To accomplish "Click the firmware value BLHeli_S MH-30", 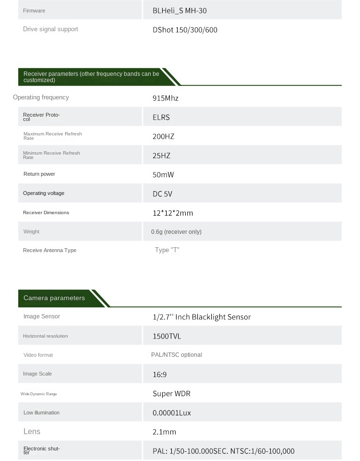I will tap(180, 11).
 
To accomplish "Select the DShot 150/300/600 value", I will tap(185, 30).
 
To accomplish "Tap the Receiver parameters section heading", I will tap(91, 77).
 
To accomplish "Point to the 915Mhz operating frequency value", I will tap(165, 98).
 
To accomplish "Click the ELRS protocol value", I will tap(161, 117).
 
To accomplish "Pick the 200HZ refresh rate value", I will tap(163, 136).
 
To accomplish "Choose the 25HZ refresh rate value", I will tap(161, 156).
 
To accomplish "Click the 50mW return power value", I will tap(163, 175).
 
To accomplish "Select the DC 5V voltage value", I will tap(162, 194).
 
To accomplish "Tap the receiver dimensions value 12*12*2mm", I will tap(173, 213).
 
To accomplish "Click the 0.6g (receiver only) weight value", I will tap(176, 232).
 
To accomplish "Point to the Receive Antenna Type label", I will tap(49, 250).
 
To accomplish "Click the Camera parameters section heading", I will tap(54, 298).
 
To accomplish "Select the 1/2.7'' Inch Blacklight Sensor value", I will tap(202, 317).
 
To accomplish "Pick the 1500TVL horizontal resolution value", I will tap(167, 336).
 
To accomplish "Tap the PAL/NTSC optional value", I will tap(176, 355).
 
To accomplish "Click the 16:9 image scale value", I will tap(159, 375).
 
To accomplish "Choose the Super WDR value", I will tap(171, 394).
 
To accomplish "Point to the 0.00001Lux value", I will tap(171, 413).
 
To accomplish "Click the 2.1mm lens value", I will tap(164, 432).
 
